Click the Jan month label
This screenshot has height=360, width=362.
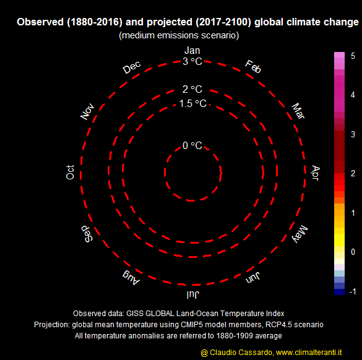[x=192, y=51]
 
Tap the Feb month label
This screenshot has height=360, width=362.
[x=253, y=67]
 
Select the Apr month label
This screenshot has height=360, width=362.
[x=316, y=173]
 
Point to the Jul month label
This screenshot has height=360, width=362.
[x=192, y=294]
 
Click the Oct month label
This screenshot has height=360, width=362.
[x=70, y=172]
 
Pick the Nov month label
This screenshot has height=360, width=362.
[x=87, y=111]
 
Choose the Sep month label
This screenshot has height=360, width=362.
[x=87, y=234]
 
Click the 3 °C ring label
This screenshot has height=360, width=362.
[x=192, y=61]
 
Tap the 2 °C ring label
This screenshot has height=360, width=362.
[x=192, y=89]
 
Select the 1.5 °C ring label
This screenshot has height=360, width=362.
[x=193, y=104]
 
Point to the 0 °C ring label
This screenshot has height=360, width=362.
[x=192, y=145]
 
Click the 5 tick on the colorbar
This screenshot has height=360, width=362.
[x=353, y=56]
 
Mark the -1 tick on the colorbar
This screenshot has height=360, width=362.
[x=353, y=291]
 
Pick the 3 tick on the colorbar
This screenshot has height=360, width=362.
[x=353, y=134]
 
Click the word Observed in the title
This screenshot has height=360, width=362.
[x=40, y=22]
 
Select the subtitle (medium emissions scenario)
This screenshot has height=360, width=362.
[x=179, y=35]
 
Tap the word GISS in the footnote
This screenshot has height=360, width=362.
[x=135, y=314]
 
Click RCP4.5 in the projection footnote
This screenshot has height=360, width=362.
[x=278, y=325]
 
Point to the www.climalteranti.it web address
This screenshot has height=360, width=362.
[x=309, y=353]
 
